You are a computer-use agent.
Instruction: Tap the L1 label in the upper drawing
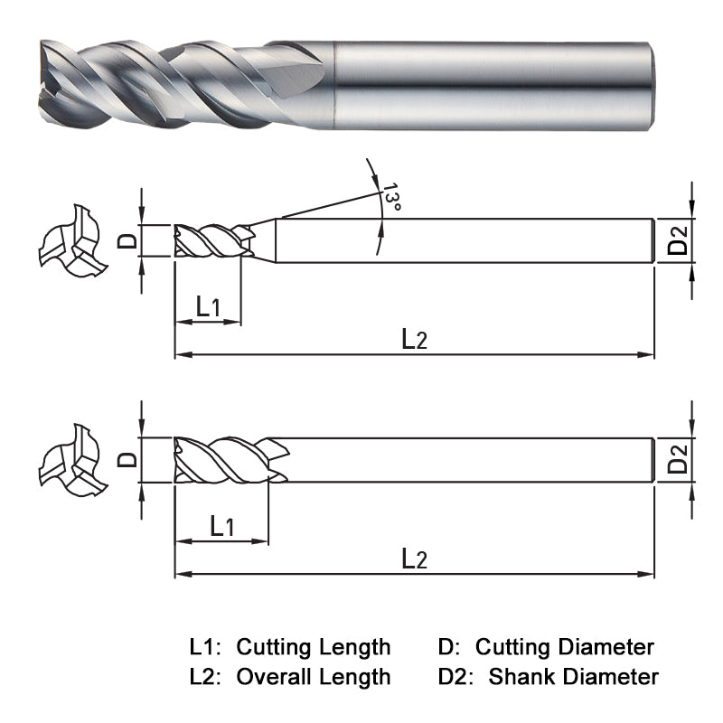(x=209, y=307)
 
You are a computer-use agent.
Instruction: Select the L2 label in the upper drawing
(x=414, y=340)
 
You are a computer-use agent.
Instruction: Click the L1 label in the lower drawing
(x=222, y=526)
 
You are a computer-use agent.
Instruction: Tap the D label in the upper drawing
(x=128, y=240)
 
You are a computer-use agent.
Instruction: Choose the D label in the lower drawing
(x=128, y=459)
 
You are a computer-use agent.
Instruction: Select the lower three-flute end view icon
(x=71, y=460)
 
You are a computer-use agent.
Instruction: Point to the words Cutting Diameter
(x=565, y=647)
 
